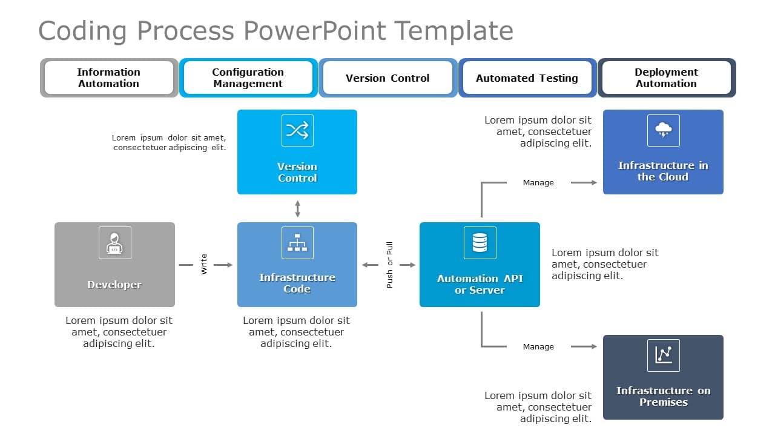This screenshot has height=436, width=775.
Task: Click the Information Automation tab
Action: coord(109,78)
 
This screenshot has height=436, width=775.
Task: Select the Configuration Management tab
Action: coord(248,78)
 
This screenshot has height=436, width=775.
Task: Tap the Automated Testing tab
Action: coord(527,78)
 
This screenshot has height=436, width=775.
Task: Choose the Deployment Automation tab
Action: coord(666,78)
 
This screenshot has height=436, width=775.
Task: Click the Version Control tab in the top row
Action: coord(387,78)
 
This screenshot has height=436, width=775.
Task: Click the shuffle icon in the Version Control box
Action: coord(297,130)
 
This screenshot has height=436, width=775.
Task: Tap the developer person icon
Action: coord(114,243)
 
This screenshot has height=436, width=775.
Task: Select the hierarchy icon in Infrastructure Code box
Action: coord(297,243)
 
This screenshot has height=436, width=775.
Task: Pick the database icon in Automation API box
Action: coord(480,243)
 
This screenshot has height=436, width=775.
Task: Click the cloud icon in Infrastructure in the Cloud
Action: coord(663,130)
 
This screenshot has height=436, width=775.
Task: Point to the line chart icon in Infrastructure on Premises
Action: coord(663,355)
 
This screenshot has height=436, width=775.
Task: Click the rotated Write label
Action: coord(204,265)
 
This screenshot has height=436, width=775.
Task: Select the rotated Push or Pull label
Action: coord(389,265)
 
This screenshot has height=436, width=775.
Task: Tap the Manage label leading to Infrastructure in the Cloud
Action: coord(538,182)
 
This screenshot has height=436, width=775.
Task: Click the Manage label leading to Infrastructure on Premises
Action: coord(538,347)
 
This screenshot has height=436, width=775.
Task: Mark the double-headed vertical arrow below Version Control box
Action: coord(297,209)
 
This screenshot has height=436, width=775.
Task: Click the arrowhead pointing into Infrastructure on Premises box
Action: coord(593,347)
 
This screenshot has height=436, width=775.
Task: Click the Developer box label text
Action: coord(114,285)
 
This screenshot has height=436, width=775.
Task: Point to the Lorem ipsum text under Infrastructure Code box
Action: coord(296,332)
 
